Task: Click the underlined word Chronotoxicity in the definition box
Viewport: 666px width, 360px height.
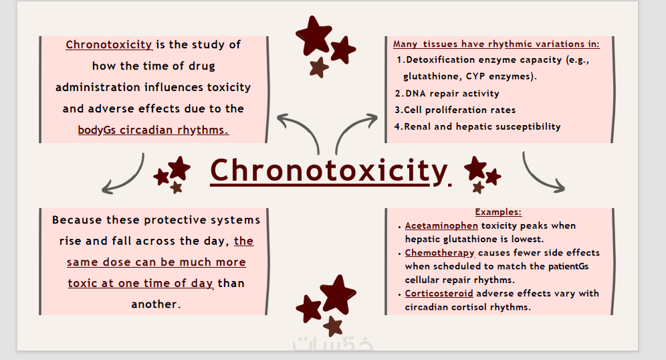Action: coord(109,45)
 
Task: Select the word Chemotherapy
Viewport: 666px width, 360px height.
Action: coord(439,253)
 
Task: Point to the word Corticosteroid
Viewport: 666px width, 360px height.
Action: coord(439,293)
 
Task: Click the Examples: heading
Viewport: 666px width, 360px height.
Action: coord(498,211)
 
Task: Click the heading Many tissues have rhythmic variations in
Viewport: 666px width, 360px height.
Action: coord(496,43)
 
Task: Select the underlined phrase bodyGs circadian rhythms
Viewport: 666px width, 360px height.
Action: coord(153,130)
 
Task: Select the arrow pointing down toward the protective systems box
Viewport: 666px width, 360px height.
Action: coord(128,179)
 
